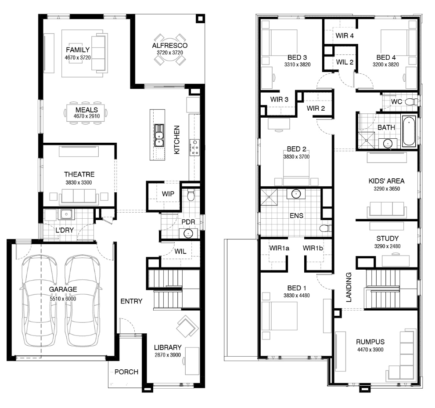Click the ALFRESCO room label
point(170,46)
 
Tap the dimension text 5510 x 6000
point(63,299)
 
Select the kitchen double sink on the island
point(159,135)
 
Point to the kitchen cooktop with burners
point(195,147)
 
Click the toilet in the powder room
point(191,195)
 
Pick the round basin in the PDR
point(188,233)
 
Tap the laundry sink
point(66,214)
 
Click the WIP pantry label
point(168,194)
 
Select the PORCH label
point(126,372)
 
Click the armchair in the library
point(187,327)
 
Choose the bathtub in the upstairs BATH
point(409,131)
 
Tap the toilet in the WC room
point(412,102)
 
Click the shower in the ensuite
point(269,197)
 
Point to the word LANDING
point(349,287)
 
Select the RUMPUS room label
point(370,342)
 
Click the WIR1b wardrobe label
point(313,248)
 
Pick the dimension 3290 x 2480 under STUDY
point(387,246)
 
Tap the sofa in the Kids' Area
point(386,210)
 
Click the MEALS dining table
point(86,113)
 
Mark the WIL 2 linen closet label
point(345,62)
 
